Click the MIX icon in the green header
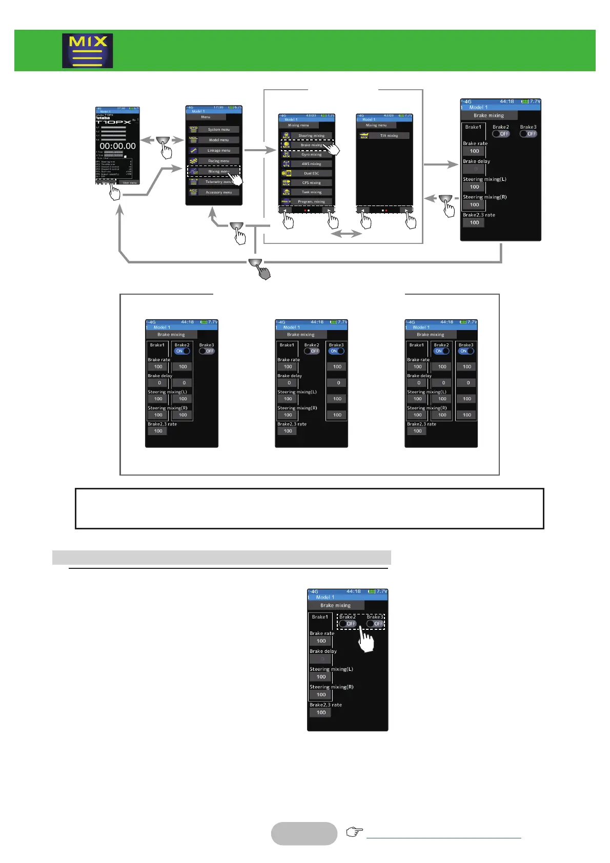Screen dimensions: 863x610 [88, 51]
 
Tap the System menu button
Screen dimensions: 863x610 [219, 130]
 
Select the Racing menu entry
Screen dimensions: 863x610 [219, 161]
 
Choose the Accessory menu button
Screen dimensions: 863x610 [219, 192]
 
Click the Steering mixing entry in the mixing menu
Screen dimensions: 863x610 [312, 136]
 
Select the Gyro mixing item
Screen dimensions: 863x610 [312, 154]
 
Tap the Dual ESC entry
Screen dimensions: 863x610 [312, 173]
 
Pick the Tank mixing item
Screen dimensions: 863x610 [312, 192]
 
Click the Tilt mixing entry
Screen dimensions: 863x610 [389, 136]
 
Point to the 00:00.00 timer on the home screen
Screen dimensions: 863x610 [118, 146]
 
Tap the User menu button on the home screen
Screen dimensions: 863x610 [129, 182]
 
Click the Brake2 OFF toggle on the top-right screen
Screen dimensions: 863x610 [501, 134]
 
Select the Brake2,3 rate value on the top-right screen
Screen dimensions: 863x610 [474, 222]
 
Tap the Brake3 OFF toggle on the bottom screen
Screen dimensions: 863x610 [375, 624]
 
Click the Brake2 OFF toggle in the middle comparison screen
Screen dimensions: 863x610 [311, 351]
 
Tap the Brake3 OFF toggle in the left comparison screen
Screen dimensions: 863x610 [207, 351]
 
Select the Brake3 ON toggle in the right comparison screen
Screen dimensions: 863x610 [466, 351]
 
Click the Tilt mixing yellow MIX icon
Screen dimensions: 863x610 [364, 136]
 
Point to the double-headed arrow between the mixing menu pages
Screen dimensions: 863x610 [346, 234]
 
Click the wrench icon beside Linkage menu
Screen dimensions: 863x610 [193, 151]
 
